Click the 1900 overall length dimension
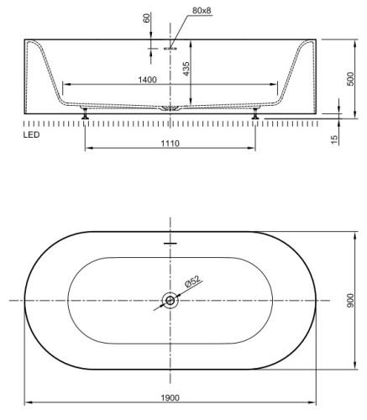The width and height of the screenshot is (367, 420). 170,397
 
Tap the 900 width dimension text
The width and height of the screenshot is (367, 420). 350,301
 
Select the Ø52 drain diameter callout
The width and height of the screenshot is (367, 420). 193,281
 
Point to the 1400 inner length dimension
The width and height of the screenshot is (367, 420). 147,80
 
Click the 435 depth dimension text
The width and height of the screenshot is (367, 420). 186,69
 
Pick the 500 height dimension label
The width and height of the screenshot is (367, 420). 350,79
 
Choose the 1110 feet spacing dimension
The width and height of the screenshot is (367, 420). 170,144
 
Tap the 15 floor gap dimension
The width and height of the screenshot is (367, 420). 334,139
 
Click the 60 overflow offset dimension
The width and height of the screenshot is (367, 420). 147,18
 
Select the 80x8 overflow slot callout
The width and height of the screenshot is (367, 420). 202,11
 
